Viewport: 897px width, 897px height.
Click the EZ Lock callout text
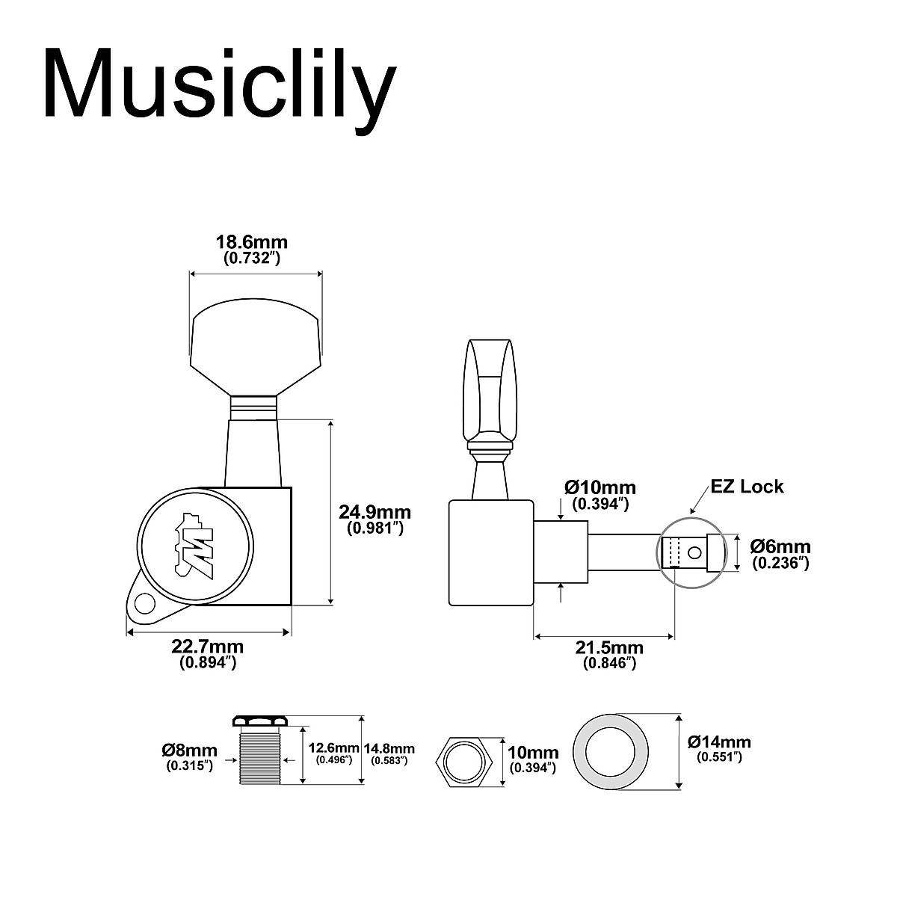click(x=747, y=487)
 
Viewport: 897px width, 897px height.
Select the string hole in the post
click(x=696, y=553)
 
